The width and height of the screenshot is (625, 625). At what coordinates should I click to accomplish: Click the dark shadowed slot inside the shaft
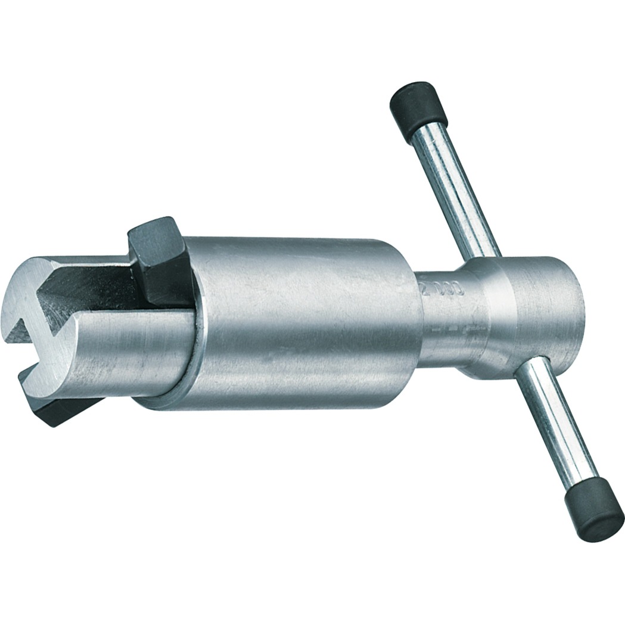click(89, 292)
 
